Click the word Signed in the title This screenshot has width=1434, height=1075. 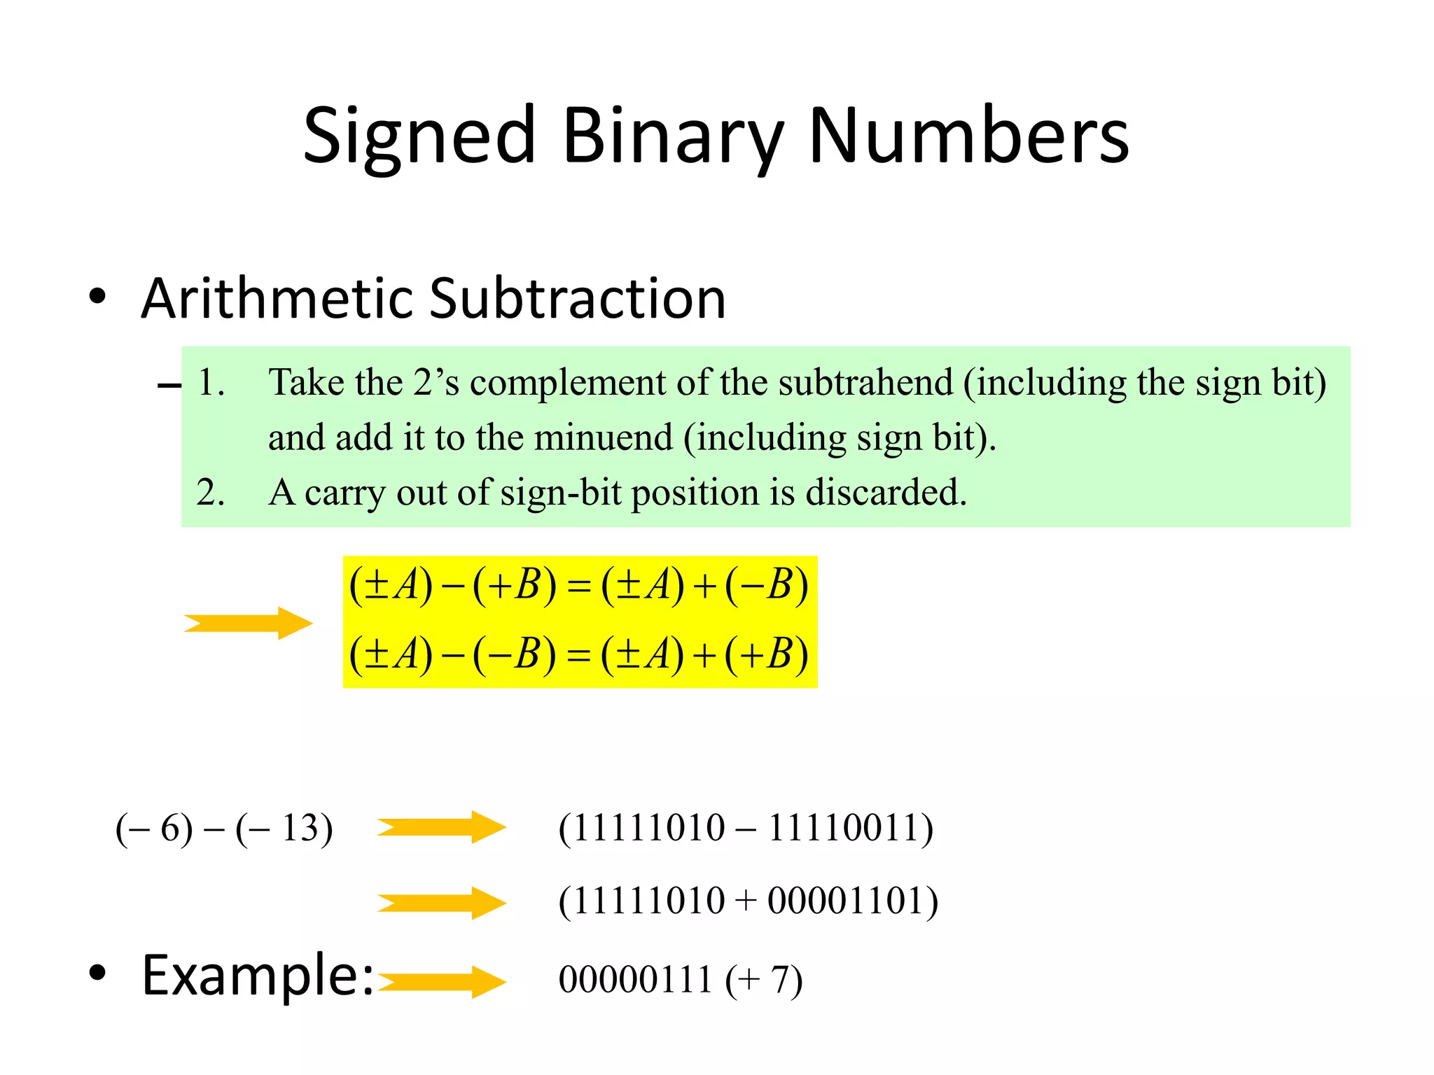click(419, 136)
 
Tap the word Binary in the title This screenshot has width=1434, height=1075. click(672, 136)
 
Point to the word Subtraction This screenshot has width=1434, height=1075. click(578, 299)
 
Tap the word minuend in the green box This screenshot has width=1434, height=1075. click(603, 438)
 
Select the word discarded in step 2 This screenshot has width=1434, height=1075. click(886, 493)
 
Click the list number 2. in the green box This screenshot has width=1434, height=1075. click(210, 493)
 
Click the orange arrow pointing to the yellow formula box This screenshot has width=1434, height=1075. click(248, 623)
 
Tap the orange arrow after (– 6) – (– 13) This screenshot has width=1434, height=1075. click(441, 828)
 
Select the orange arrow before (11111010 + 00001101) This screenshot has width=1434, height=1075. click(441, 903)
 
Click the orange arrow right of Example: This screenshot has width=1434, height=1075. click(441, 981)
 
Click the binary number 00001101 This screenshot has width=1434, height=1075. click(847, 901)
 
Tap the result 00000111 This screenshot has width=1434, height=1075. click(635, 980)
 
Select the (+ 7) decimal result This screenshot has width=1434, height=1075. click(764, 981)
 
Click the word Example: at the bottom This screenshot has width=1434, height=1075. click(258, 976)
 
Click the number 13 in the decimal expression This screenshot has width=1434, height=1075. click(301, 829)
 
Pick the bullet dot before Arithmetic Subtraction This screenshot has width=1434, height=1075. click(97, 297)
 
